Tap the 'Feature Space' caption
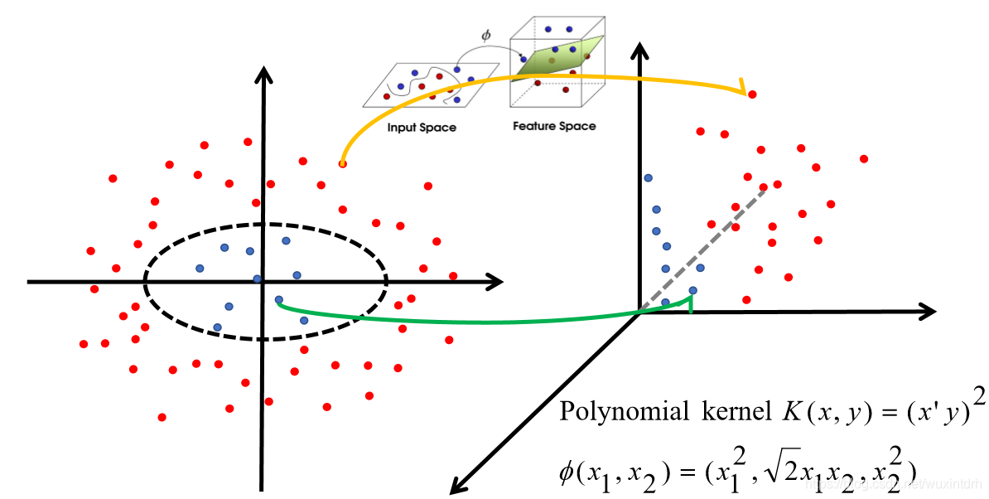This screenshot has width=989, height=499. point(554,127)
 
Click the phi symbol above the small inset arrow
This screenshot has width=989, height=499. point(486,36)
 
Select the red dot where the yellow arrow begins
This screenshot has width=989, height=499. point(342,164)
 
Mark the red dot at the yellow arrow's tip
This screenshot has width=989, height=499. point(752,95)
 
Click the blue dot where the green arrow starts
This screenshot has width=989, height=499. point(278,299)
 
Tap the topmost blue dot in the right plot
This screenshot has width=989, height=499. point(649,178)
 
